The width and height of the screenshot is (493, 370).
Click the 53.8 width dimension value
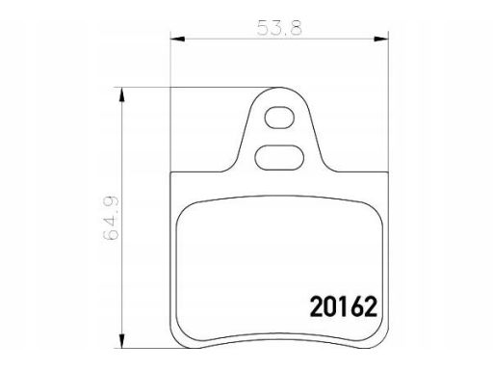click(x=279, y=28)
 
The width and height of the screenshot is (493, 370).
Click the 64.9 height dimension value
click(x=111, y=218)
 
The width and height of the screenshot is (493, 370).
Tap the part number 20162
click(x=343, y=306)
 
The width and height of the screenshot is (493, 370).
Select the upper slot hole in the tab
click(x=279, y=118)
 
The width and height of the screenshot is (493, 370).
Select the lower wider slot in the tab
click(x=279, y=157)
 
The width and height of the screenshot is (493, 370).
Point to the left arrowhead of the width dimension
click(x=177, y=39)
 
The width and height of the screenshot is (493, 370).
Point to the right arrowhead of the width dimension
click(x=380, y=39)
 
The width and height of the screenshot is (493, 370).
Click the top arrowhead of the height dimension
click(x=121, y=94)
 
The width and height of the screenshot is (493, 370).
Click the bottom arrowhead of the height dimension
click(x=121, y=340)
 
